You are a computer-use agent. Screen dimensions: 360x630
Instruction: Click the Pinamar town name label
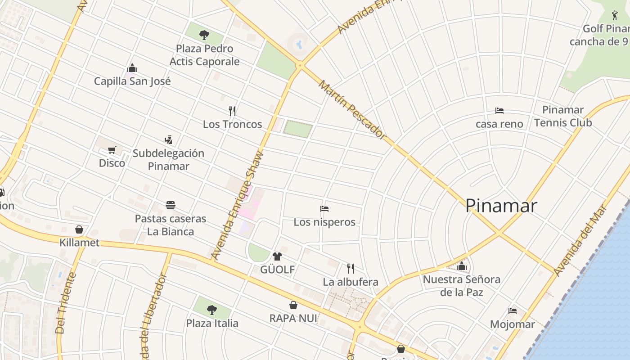coord(501,206)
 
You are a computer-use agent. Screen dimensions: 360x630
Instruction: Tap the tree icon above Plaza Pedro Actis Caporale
coord(204,35)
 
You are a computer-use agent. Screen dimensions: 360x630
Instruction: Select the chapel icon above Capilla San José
coord(132,68)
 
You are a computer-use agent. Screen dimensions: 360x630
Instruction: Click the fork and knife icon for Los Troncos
coord(232,111)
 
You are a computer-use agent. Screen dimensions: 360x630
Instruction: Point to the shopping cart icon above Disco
coord(112,150)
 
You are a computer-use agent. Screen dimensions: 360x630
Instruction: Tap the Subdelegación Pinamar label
coord(168,159)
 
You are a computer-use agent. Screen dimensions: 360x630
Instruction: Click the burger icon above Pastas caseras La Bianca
coord(171,205)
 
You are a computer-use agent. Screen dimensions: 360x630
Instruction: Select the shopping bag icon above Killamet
coord(79,229)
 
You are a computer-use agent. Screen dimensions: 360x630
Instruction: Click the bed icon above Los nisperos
coord(324,208)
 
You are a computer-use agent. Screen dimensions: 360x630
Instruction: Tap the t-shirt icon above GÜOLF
coord(277,256)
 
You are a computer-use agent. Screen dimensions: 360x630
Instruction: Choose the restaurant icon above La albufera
coord(351,269)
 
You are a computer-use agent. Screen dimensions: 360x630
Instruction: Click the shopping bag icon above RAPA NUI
coord(293,305)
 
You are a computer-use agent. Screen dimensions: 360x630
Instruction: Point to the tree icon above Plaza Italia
coord(212,310)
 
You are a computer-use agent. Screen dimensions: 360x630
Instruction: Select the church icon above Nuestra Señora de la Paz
coord(462,266)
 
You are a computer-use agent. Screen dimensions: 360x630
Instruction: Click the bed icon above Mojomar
coord(513,310)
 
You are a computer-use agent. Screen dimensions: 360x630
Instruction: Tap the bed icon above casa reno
coord(499,110)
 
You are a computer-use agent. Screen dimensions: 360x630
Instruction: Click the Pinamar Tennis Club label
coord(563,116)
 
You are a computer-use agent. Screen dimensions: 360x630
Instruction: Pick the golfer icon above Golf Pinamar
coord(615,15)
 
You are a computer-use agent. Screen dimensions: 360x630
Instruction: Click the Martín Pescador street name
coord(352,109)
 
